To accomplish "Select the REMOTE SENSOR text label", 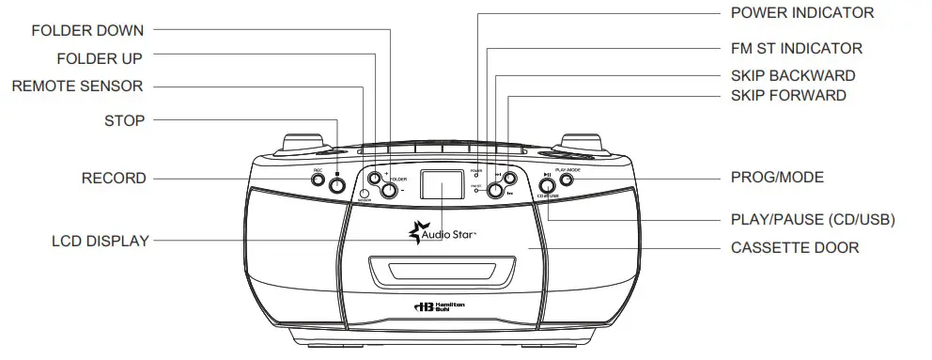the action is click(x=77, y=86).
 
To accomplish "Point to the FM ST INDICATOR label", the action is click(x=796, y=48).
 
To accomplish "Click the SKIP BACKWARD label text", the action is click(x=792, y=75).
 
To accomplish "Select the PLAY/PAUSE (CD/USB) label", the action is click(x=812, y=220).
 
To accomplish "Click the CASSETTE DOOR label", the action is click(x=794, y=248).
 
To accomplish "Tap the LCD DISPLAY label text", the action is click(x=101, y=242).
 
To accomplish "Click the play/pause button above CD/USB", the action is click(x=546, y=184).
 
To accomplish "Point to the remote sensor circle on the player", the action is click(x=365, y=193).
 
